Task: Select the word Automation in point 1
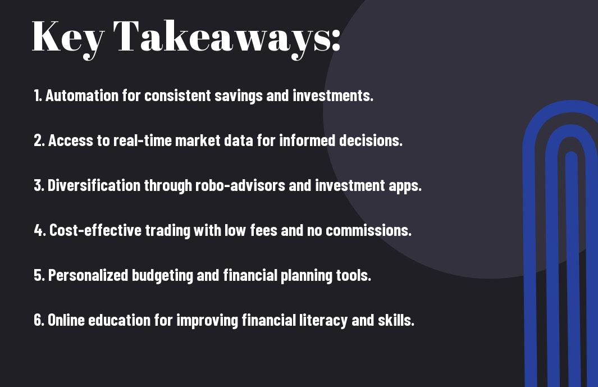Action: (82, 95)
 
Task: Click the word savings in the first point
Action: (239, 96)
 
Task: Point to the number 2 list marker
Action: (39, 140)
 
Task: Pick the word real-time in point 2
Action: (142, 140)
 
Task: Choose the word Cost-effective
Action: (95, 230)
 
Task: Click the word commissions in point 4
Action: (368, 230)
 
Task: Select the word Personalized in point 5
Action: (88, 275)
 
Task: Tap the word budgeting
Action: (162, 276)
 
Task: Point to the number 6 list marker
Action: (39, 320)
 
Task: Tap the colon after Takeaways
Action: (336, 40)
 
